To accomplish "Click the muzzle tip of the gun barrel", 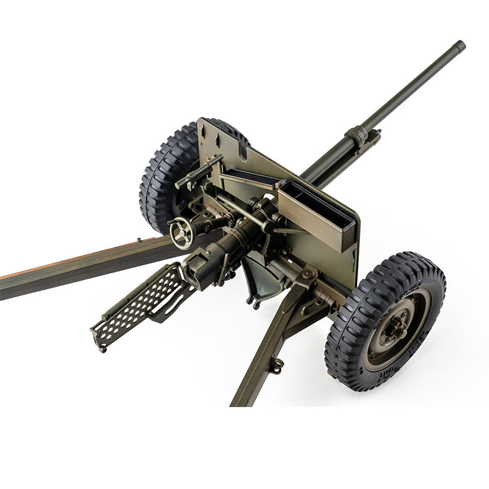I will [459, 45].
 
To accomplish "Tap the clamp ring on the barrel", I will [358, 135].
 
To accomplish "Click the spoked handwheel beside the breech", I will [182, 233].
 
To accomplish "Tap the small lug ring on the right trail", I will [277, 366].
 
